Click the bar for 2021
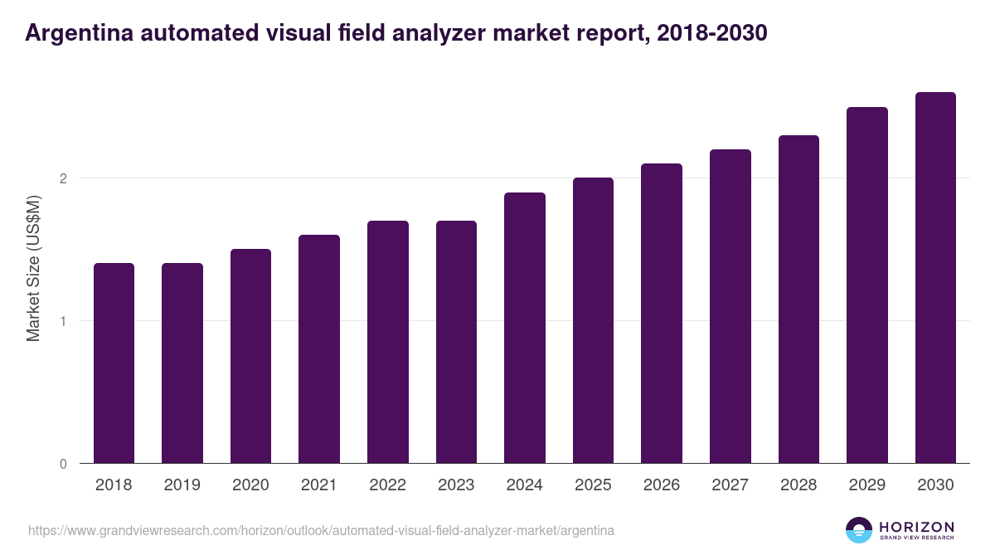[x=319, y=349]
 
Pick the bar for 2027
[x=730, y=306]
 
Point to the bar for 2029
[x=867, y=285]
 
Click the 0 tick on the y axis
[x=63, y=464]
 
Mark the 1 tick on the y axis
[x=63, y=321]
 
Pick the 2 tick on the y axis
[x=63, y=178]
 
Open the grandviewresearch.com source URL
[x=321, y=530]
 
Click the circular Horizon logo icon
[x=859, y=530]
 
